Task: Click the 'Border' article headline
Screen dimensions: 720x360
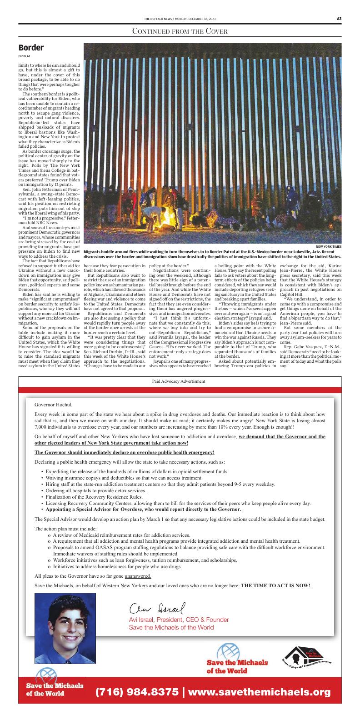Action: coord(31,48)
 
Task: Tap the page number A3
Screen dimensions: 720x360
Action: coord(339,19)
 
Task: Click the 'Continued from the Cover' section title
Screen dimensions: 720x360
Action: coord(180,31)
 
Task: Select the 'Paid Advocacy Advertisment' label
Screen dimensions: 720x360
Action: coord(180,381)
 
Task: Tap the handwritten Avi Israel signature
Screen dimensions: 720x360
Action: coord(158,607)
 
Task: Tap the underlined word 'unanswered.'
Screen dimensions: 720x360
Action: coord(138,576)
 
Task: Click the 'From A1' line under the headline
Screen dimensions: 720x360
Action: coord(25,56)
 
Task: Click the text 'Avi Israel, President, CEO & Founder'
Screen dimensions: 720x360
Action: coord(179,620)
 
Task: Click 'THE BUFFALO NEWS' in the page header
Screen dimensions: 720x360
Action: coord(157,19)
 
